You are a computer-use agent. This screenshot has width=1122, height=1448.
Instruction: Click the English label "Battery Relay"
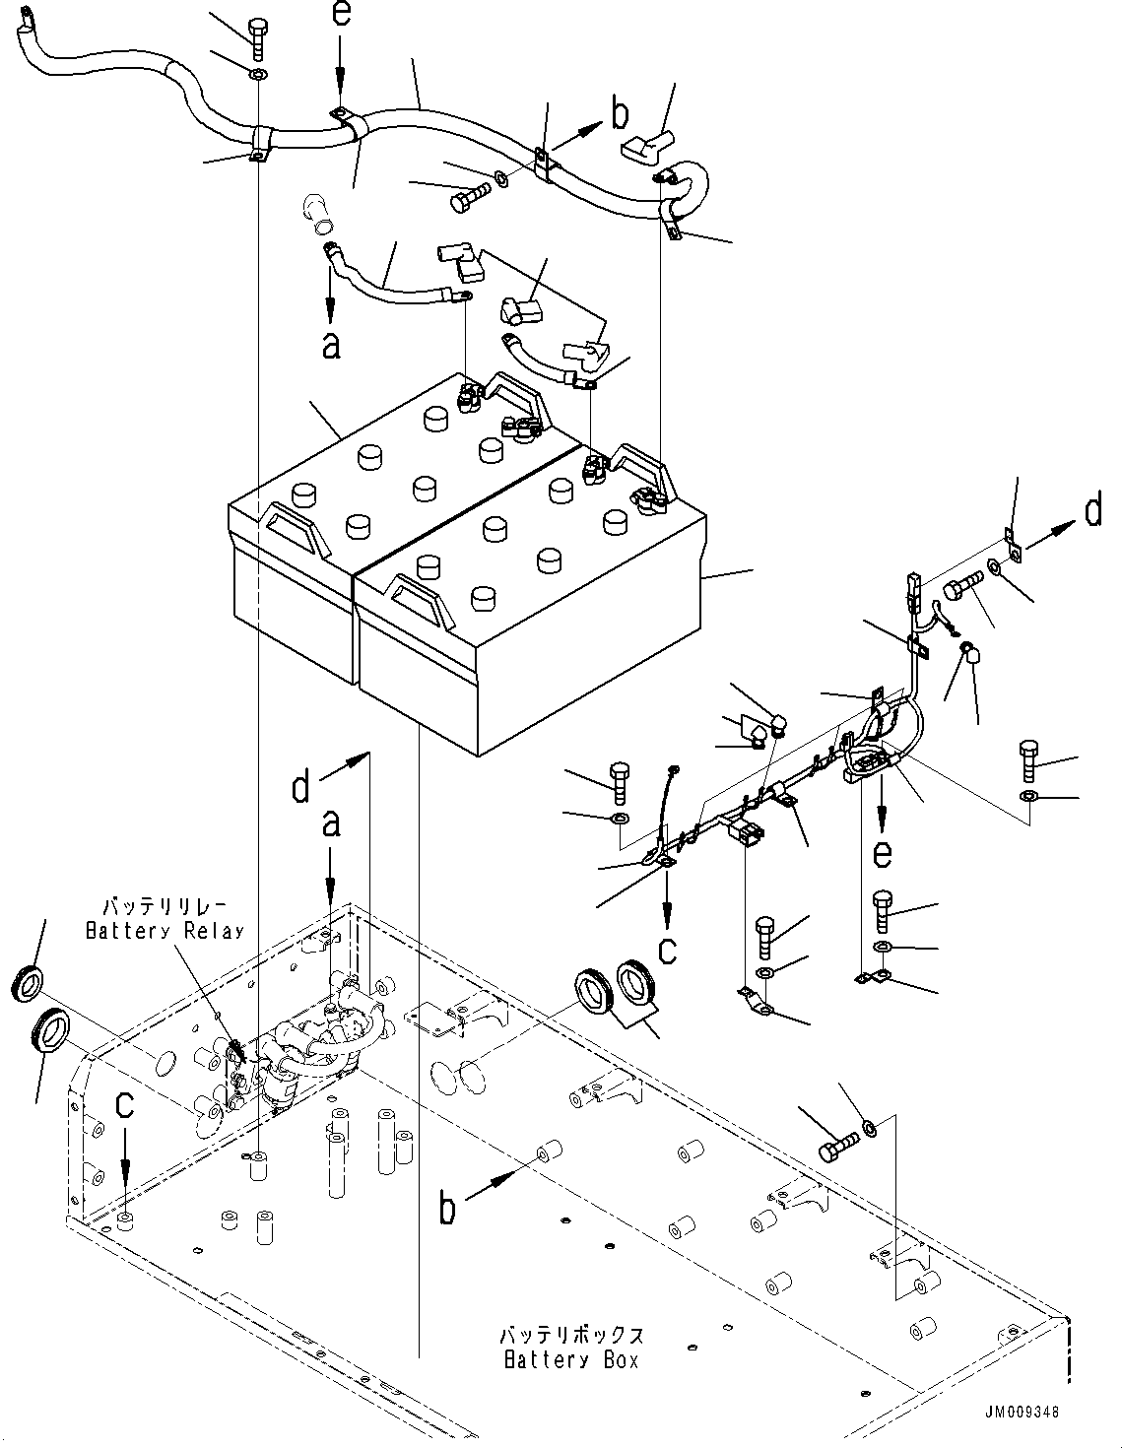pyautogui.click(x=164, y=931)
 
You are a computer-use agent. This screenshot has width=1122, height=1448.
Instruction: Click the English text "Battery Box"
pyautogui.click(x=571, y=1360)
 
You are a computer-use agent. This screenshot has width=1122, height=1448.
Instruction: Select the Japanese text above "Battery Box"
pyautogui.click(x=571, y=1336)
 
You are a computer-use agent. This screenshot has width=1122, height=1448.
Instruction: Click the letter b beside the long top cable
pyautogui.click(x=619, y=116)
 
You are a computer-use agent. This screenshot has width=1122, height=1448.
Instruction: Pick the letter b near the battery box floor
pyautogui.click(x=447, y=1208)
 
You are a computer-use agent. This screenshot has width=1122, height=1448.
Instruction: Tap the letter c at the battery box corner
pyautogui.click(x=124, y=1105)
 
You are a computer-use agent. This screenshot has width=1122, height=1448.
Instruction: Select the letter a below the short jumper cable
pyautogui.click(x=331, y=344)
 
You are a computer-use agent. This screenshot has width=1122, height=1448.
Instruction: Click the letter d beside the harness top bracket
pyautogui.click(x=1093, y=512)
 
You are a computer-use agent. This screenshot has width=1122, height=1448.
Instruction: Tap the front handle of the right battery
pyautogui.click(x=421, y=598)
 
